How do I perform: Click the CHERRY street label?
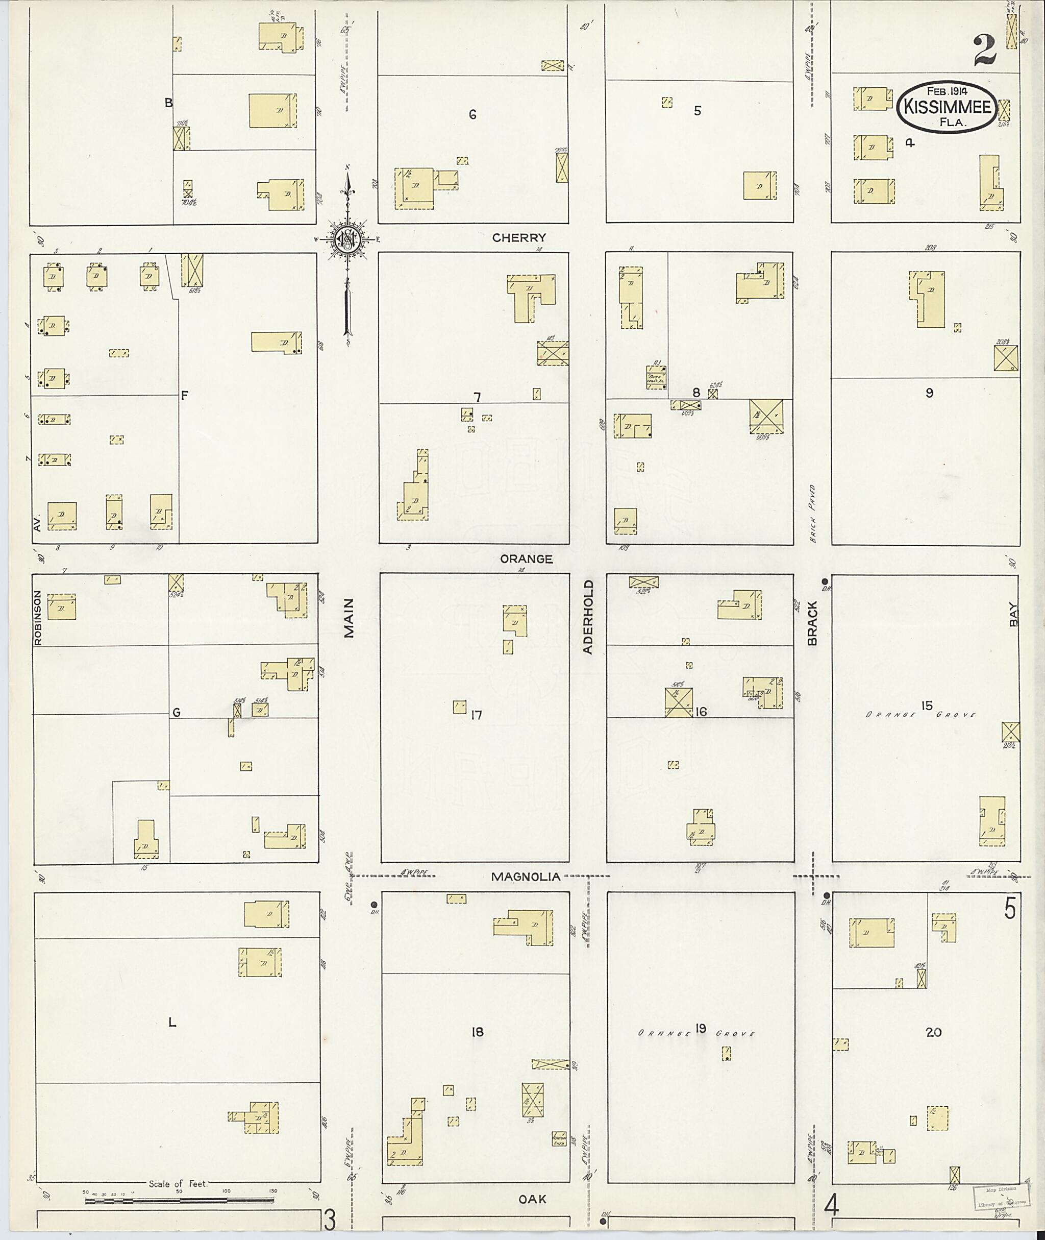tap(519, 238)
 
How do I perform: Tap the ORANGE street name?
tap(526, 559)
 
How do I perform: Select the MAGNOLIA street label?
tap(526, 877)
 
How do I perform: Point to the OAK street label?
tap(532, 1199)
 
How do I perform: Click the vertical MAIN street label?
tap(349, 618)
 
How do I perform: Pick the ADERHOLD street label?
tap(588, 625)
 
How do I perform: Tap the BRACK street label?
tap(812, 623)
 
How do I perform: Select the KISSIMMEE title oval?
tap(946, 106)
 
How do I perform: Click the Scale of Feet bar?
tap(179, 1201)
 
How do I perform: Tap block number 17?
tap(476, 715)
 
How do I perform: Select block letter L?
tap(172, 1022)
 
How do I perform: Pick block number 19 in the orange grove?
tap(701, 1028)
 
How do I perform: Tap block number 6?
tap(472, 114)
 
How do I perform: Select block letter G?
tap(176, 713)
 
